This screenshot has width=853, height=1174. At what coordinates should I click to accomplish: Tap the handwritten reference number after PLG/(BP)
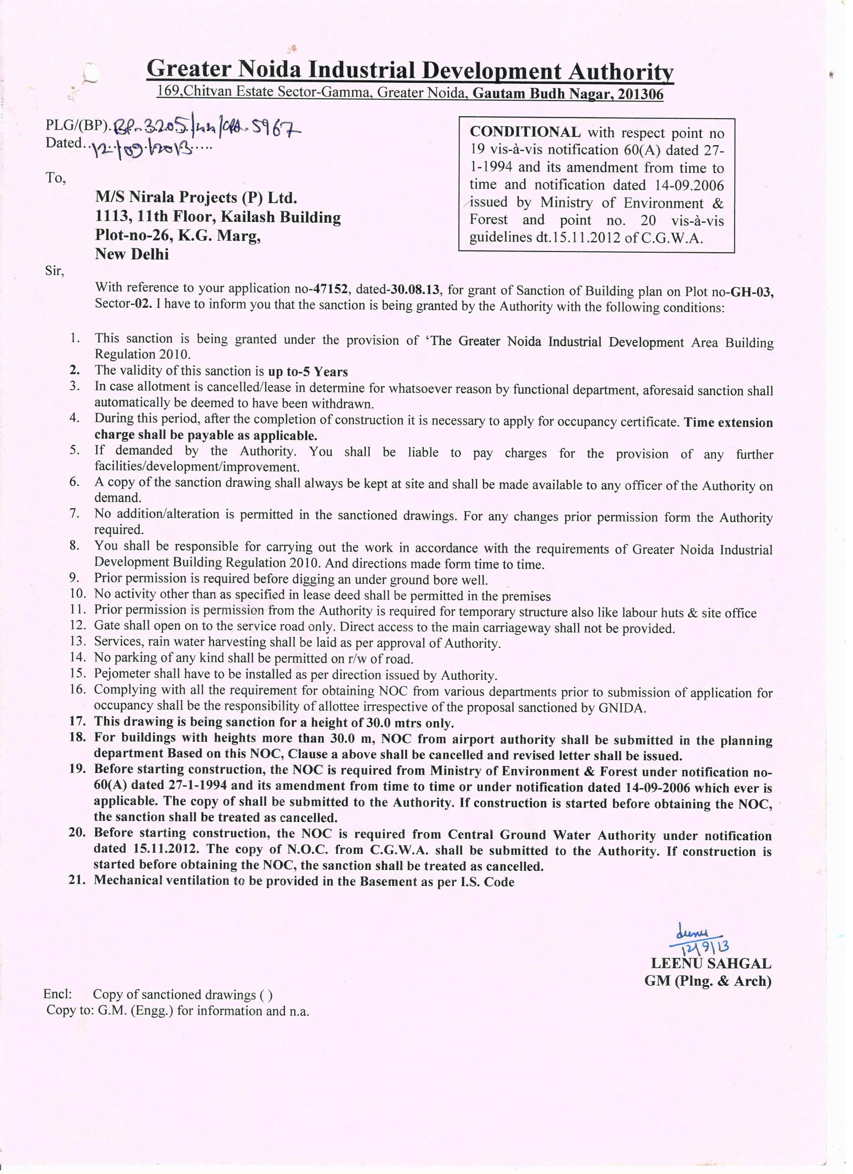[207, 127]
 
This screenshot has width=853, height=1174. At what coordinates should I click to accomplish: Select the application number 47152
[330, 289]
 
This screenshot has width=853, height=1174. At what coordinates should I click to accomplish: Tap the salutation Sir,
[54, 271]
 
